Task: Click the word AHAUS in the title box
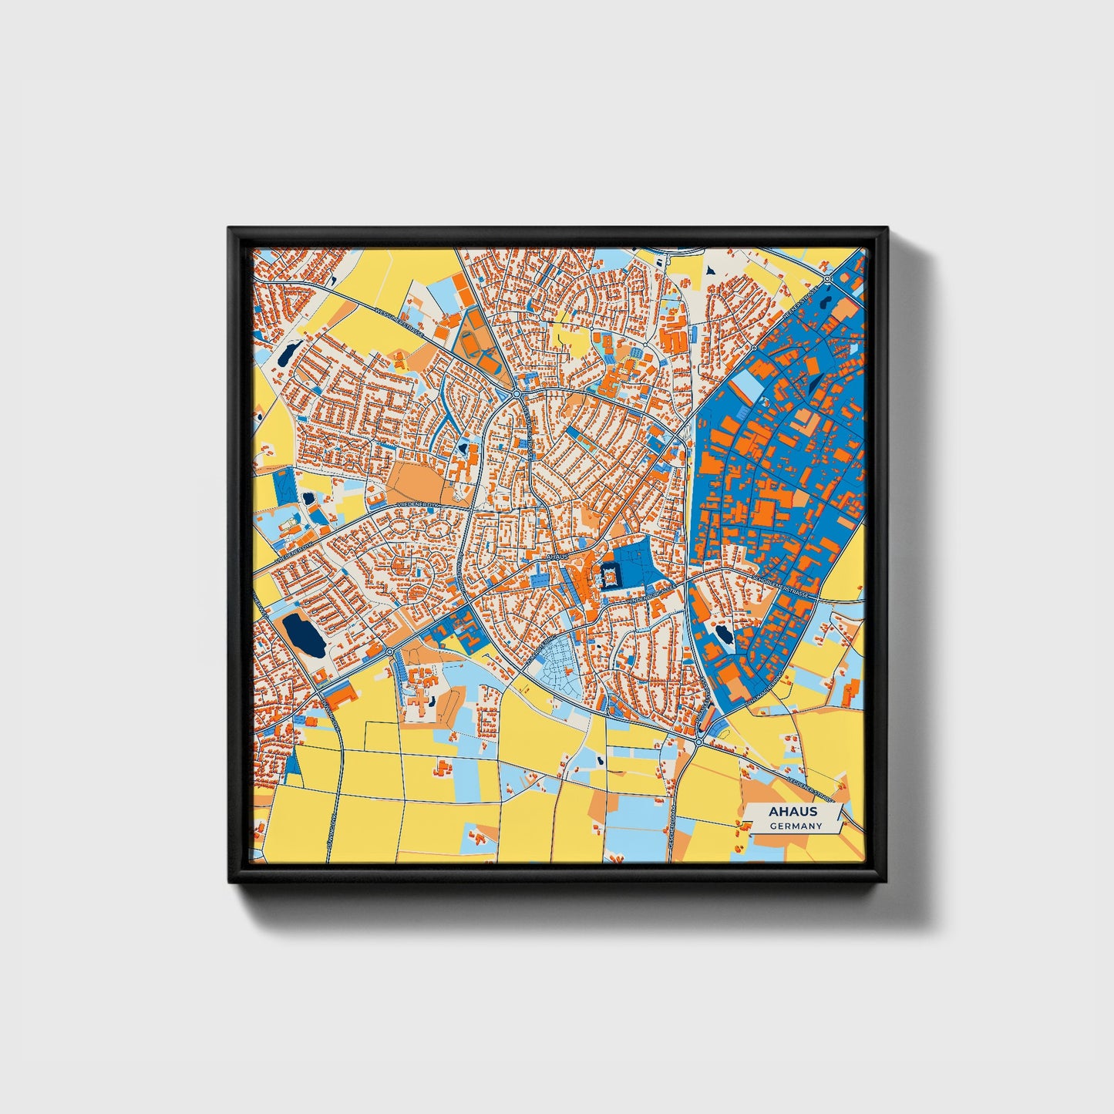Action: click(793, 812)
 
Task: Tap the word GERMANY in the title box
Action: click(796, 826)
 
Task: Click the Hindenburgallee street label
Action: click(652, 590)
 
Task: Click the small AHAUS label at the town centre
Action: click(556, 556)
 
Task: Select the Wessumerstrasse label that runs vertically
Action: click(531, 432)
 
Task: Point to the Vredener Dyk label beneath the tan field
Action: click(416, 503)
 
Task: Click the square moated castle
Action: click(609, 574)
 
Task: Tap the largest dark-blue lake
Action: click(304, 635)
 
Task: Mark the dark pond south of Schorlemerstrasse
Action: click(724, 635)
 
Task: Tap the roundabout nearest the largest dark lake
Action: click(389, 652)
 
